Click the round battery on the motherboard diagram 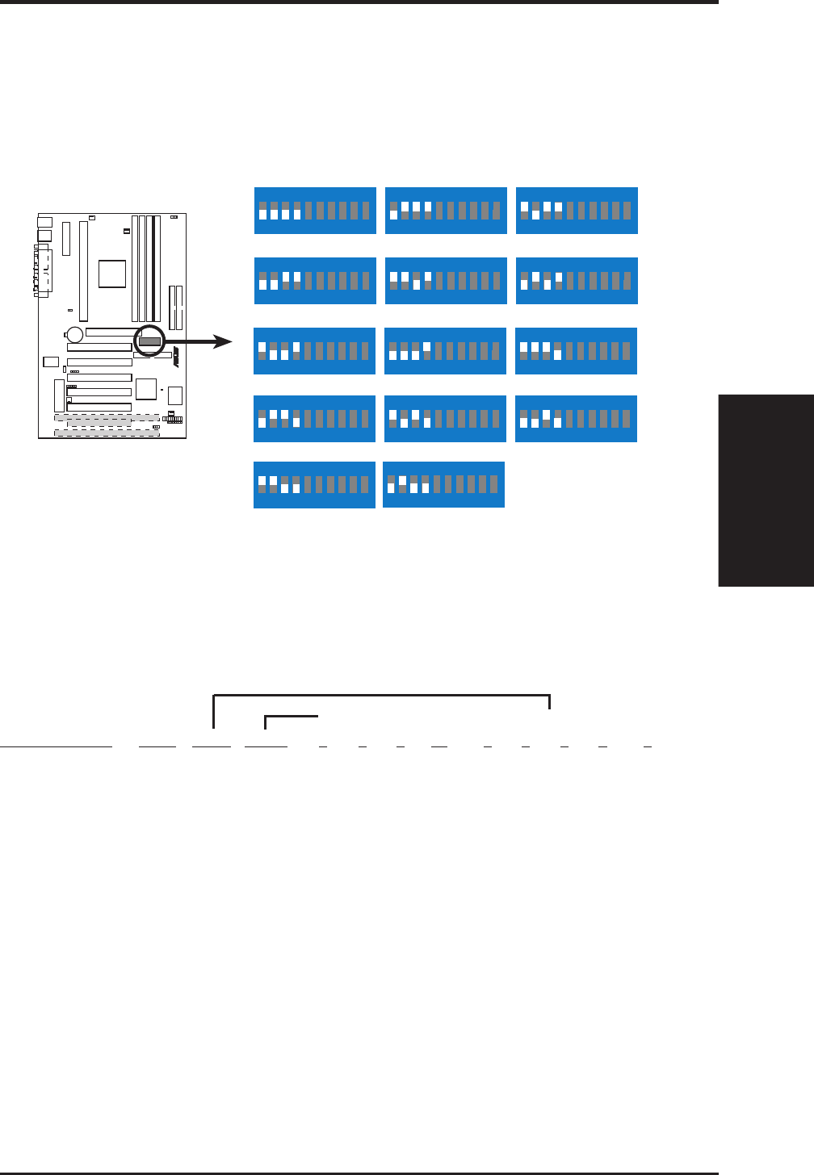pyautogui.click(x=75, y=333)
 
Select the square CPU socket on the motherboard pyautogui.click(x=112, y=274)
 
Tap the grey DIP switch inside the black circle pyautogui.click(x=149, y=341)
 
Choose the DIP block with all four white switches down pyautogui.click(x=315, y=211)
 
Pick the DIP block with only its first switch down pyautogui.click(x=446, y=211)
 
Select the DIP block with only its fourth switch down pyautogui.click(x=576, y=351)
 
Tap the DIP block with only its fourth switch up pyautogui.click(x=445, y=351)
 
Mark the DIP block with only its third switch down pyautogui.click(x=446, y=281)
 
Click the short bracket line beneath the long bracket pyautogui.click(x=292, y=717)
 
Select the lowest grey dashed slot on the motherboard pyautogui.click(x=107, y=433)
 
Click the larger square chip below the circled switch pyautogui.click(x=146, y=389)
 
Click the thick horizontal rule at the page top pyautogui.click(x=359, y=2)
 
